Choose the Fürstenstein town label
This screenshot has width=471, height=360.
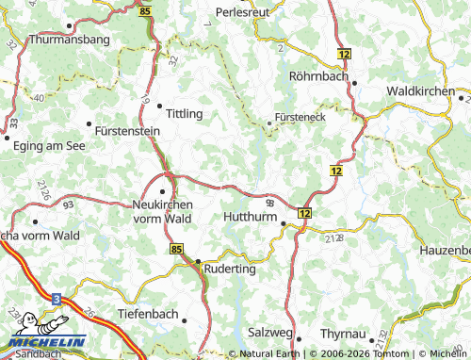(130, 132)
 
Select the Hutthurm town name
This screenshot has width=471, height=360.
(249, 216)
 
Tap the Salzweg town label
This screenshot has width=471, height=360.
(268, 333)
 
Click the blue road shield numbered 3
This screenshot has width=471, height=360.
(57, 299)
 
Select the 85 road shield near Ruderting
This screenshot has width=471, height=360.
(177, 249)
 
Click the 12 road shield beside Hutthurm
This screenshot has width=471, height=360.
(303, 214)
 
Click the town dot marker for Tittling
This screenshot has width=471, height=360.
(160, 106)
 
